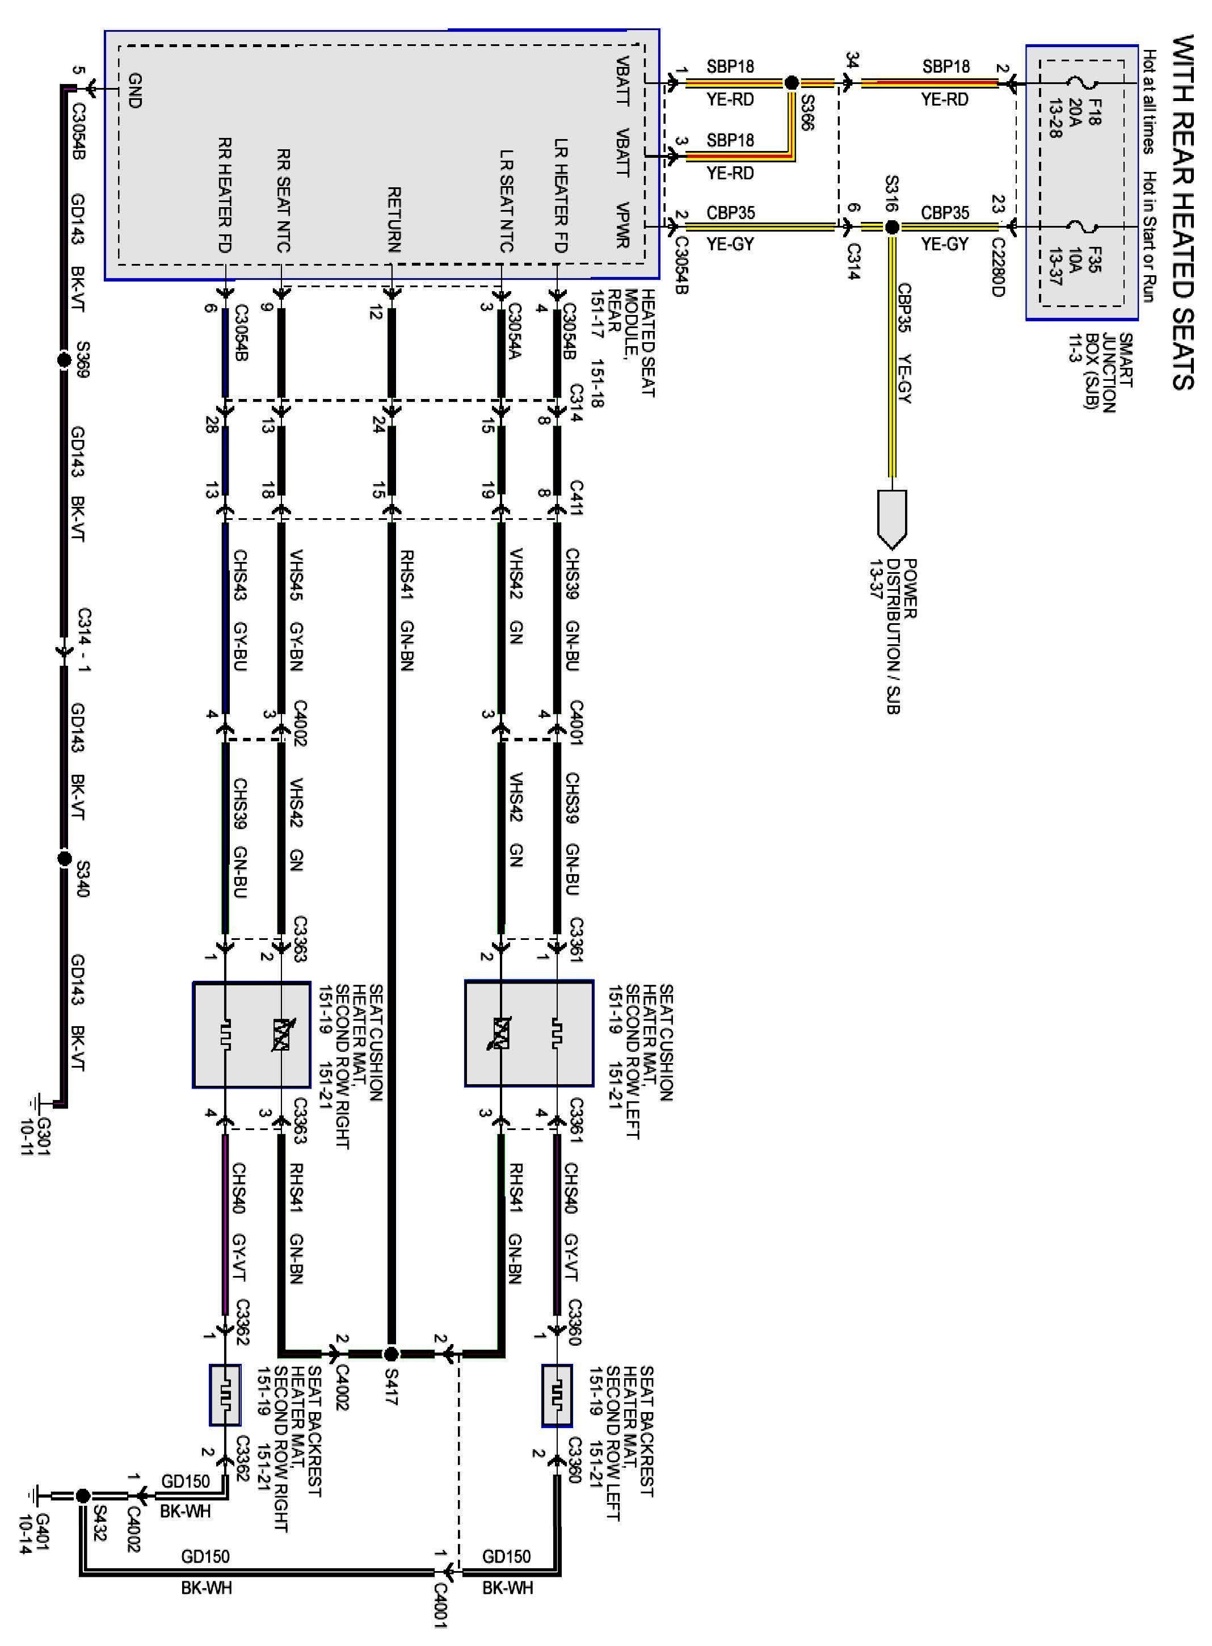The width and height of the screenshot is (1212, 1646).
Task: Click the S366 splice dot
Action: click(792, 83)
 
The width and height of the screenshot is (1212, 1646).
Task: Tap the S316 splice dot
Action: click(891, 228)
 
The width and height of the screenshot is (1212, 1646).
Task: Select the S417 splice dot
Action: click(391, 1353)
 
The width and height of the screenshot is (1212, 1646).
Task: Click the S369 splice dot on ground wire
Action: click(63, 360)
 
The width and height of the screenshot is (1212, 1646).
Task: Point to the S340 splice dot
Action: click(64, 858)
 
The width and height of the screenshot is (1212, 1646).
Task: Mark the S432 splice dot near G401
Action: click(82, 1495)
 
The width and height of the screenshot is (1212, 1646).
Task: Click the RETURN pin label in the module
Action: click(393, 220)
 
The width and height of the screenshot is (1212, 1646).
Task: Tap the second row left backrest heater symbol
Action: click(557, 1395)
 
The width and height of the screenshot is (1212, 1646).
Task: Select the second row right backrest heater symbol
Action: click(225, 1395)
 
